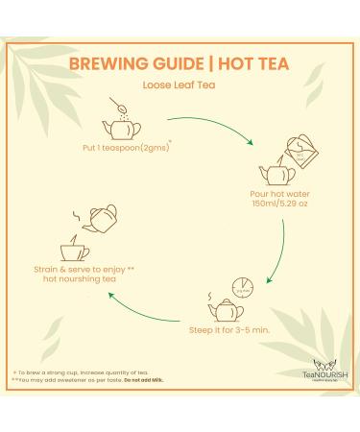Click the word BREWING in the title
click(x=103, y=64)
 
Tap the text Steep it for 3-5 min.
click(x=227, y=331)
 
